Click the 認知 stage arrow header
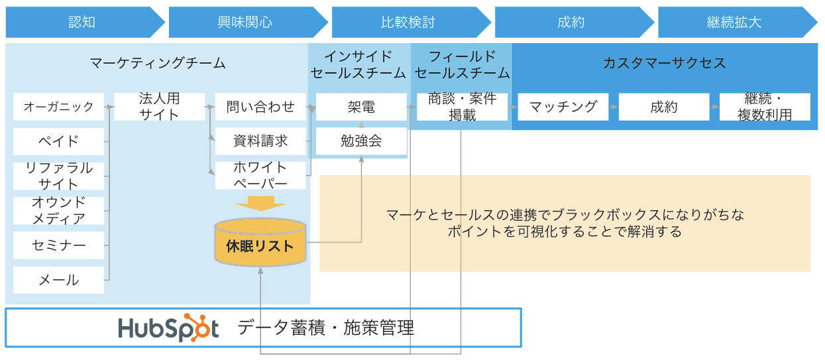[82, 23]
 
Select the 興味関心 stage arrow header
[245, 23]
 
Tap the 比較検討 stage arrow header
[408, 23]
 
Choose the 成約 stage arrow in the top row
[571, 23]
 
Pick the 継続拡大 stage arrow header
[734, 23]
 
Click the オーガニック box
[59, 107]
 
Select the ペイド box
[59, 141]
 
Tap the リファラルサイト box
[59, 176]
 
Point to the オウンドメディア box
[59, 211]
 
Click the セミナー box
[59, 245]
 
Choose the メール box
[59, 280]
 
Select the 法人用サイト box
[160, 107]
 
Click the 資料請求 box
[260, 141]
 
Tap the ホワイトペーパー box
[260, 176]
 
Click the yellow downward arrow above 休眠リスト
[260, 203]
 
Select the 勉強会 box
[361, 141]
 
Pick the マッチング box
[563, 107]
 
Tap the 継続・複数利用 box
[765, 107]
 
